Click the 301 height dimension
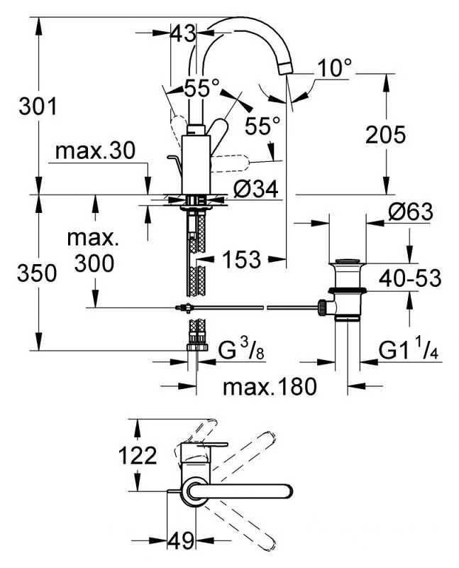click(x=38, y=107)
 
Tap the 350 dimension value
click(x=37, y=273)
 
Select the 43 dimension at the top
click(x=183, y=33)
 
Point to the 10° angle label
click(x=334, y=67)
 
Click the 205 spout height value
click(x=385, y=134)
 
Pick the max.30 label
click(x=96, y=151)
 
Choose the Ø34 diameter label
click(x=256, y=190)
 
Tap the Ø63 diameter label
click(x=411, y=212)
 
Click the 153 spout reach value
click(x=241, y=259)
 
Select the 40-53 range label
click(x=410, y=278)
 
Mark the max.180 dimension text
click(x=270, y=386)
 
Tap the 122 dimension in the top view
click(x=138, y=455)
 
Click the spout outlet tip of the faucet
click(x=286, y=67)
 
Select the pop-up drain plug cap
click(x=348, y=261)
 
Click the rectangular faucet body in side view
click(x=196, y=165)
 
